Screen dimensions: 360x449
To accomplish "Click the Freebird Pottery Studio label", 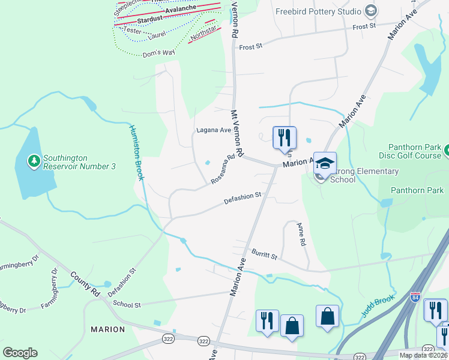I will (318, 11).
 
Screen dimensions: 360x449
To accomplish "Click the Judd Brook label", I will (378, 306).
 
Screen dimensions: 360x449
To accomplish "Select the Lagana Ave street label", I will (214, 130).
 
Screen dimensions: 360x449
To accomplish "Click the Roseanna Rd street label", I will (223, 170).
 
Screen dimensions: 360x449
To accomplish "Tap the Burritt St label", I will (264, 254).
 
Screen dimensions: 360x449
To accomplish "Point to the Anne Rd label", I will (301, 234).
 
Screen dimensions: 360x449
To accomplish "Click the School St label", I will (126, 305).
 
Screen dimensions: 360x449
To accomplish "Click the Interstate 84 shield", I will (415, 297).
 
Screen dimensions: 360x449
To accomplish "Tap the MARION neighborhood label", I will (107, 329).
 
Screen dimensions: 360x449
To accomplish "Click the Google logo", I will (20, 353).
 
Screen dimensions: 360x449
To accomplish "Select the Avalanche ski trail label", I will (181, 10).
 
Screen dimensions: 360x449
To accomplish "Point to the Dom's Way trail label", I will (158, 54).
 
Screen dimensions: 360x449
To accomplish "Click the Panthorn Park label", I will (417, 190).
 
